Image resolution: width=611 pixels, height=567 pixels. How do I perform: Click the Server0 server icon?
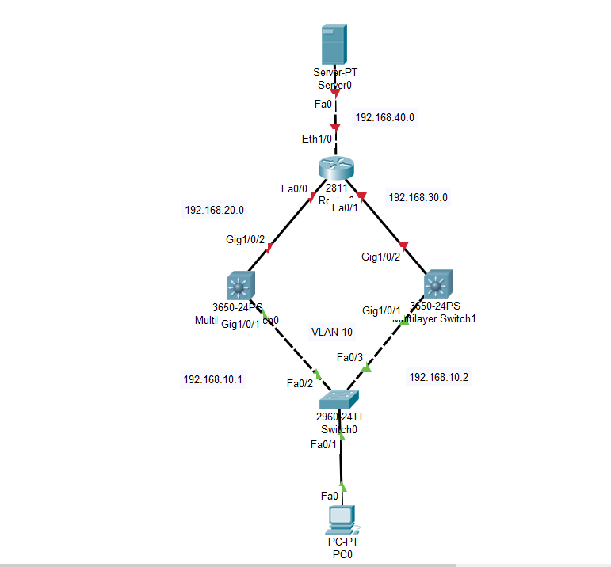333,45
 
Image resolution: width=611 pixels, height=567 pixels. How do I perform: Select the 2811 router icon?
336,169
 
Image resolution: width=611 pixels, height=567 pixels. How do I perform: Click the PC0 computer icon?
341,519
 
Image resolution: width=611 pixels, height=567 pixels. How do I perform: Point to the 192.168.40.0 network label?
384,117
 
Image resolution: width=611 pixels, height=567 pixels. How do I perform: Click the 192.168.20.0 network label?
214,211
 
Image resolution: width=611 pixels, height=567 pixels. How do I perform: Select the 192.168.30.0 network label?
418,197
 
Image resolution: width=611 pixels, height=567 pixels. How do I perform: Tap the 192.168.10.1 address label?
212,379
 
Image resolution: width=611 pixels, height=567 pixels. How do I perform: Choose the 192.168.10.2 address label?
438,377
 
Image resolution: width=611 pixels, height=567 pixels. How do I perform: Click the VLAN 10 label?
332,332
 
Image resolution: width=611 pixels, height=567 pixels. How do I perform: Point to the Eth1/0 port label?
316,139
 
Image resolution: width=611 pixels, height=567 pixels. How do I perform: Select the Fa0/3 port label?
349,357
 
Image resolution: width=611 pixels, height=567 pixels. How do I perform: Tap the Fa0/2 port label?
300,383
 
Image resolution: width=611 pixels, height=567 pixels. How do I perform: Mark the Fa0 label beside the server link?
323,104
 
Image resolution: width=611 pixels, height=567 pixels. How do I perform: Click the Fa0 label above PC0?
330,496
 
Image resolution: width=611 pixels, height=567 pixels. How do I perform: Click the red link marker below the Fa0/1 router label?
403,243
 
